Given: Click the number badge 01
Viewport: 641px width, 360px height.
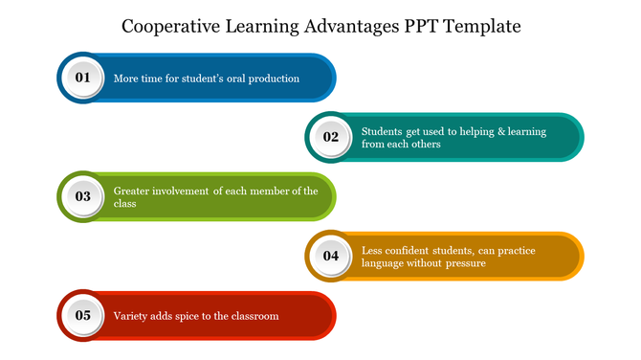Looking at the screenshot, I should click(83, 78).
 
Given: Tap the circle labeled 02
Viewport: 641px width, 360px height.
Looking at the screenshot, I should click(331, 137).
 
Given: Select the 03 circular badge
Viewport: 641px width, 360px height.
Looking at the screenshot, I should click(83, 196).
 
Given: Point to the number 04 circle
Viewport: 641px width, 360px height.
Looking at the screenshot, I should click(331, 256).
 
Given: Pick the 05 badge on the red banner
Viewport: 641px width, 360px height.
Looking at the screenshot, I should click(83, 315).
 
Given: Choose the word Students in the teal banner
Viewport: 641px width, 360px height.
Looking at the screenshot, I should click(383, 131).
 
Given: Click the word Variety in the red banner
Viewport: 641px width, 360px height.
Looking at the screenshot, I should click(131, 316).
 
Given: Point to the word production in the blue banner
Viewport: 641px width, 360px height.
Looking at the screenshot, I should click(276, 79).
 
